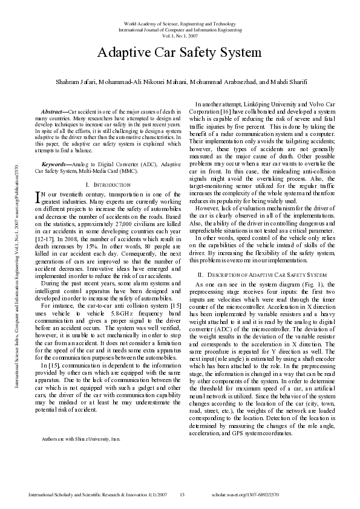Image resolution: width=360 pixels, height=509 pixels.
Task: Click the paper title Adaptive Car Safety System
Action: coord(180,53)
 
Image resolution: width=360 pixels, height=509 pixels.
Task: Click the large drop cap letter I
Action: coord(39,196)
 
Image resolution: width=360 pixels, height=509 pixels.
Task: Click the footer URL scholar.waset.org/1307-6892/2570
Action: coord(245,495)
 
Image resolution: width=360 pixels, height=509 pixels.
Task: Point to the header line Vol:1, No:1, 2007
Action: coord(180,35)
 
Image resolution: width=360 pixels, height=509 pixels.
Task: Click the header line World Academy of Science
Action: coord(180,22)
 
